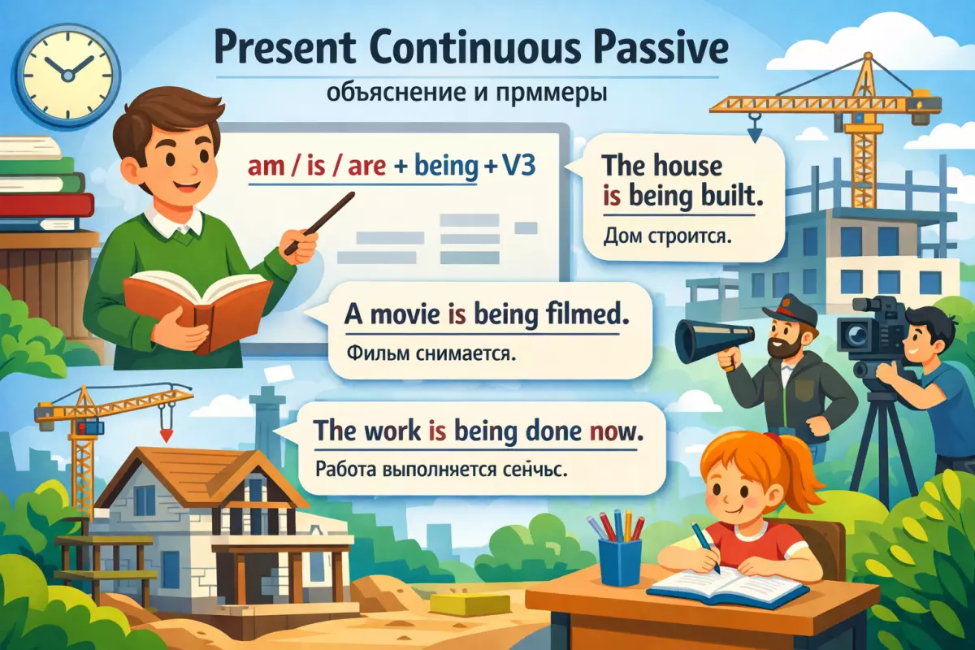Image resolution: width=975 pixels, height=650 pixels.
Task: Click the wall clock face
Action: click(x=67, y=76)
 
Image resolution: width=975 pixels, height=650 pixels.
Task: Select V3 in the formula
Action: click(x=518, y=166)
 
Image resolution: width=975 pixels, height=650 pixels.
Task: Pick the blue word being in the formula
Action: click(x=447, y=167)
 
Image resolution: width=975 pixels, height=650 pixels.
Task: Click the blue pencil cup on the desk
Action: click(x=620, y=561)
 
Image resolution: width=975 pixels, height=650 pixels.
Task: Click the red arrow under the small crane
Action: click(x=167, y=435)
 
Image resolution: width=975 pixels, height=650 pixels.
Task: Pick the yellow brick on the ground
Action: click(x=470, y=604)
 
